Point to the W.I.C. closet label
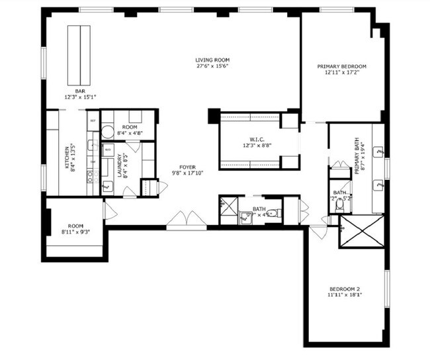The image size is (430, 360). [257, 139]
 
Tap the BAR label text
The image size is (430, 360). [80, 91]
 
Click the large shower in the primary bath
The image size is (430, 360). [361, 232]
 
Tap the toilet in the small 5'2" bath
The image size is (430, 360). [340, 204]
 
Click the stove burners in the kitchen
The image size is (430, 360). [93, 176]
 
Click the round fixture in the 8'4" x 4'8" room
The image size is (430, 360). [107, 131]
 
